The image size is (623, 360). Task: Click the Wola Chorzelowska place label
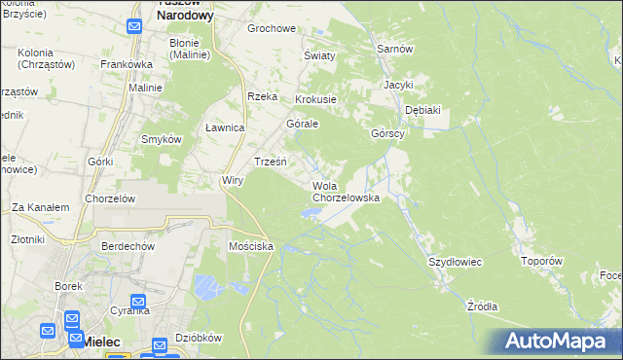[346, 192]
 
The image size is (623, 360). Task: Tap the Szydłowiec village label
[456, 263]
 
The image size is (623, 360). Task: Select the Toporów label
[542, 261]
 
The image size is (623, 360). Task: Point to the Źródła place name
[482, 306]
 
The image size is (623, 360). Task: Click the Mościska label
[250, 247]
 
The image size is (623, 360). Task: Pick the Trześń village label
[270, 162]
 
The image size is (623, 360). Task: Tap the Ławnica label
[225, 128]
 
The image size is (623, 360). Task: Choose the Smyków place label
[163, 139]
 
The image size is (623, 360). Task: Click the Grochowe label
[272, 28]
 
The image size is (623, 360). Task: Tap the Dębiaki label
[422, 110]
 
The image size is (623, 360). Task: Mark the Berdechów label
[128, 246]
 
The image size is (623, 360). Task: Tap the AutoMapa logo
[554, 342]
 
